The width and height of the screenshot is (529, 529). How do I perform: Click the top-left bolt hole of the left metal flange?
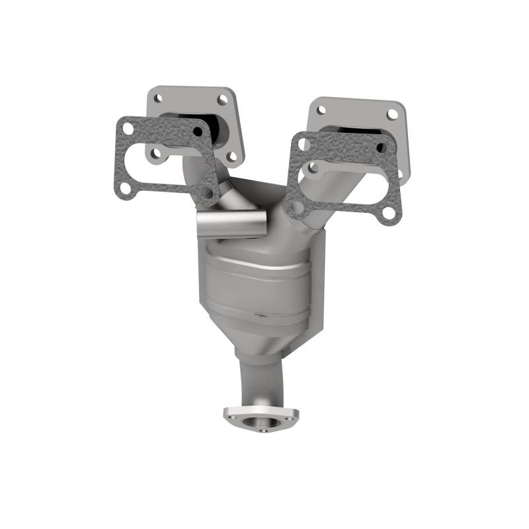[157, 98]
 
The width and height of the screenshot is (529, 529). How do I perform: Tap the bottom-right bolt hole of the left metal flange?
[231, 156]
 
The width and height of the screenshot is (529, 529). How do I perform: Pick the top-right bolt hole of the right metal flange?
[393, 114]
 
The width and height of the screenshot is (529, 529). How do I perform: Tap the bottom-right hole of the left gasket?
[207, 194]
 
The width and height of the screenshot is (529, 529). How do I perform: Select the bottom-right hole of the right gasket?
[389, 213]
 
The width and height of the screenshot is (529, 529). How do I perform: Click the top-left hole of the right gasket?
[305, 144]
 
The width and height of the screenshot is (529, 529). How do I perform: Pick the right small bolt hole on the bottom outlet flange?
[288, 415]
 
